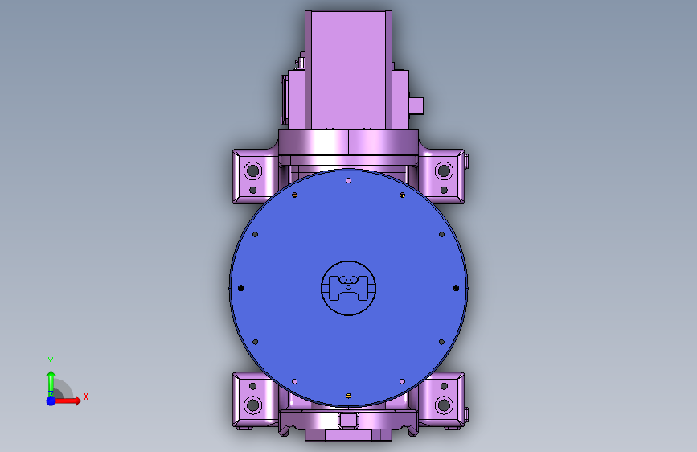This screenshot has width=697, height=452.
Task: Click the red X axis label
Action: pos(86,397)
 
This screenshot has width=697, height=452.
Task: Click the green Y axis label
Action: pos(51,362)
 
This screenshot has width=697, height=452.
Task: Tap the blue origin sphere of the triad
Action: pos(51,401)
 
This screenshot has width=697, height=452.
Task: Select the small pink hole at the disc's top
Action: pos(349,181)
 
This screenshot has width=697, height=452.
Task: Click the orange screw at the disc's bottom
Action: pos(349,396)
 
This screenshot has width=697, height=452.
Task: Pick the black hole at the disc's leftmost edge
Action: pos(241,288)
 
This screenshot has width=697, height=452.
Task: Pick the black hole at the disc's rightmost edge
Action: pos(456,288)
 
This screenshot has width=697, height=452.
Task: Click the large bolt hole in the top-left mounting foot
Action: pos(253,171)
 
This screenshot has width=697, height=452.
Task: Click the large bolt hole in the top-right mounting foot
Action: pos(444,171)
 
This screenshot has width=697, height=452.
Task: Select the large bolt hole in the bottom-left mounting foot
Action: pos(253,405)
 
